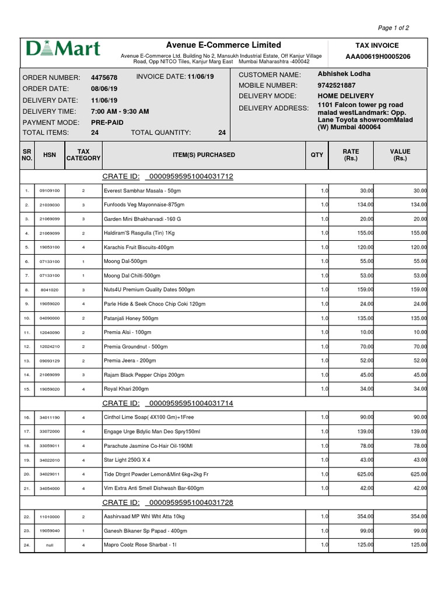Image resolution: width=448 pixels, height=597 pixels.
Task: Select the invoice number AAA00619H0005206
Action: coord(378,57)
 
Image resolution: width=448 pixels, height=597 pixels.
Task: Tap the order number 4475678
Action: coord(104,78)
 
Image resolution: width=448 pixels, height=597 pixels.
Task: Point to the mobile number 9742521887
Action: coord(337,85)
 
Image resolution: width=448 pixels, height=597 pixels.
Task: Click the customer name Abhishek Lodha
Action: coord(344,74)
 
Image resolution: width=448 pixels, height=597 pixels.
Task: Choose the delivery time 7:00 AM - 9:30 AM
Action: coord(120,111)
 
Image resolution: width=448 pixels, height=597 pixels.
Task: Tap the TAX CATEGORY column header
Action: coord(83,154)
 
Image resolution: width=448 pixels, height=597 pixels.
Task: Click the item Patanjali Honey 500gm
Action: coord(131,318)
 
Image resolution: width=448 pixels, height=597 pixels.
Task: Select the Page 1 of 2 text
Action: coord(394,27)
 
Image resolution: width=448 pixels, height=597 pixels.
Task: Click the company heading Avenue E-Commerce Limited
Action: coord(223,45)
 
